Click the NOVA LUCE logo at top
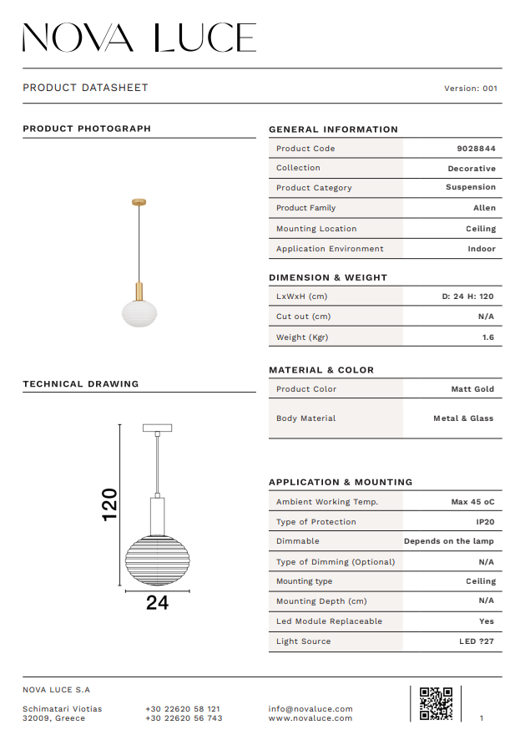point(139,38)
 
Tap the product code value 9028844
point(476,149)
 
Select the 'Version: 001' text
point(471,89)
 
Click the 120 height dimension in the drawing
point(109,504)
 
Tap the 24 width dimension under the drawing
point(157,603)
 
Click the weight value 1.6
point(487,337)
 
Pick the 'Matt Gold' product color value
point(472,389)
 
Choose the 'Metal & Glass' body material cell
point(463,418)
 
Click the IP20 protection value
point(485,522)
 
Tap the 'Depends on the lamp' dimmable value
point(449,541)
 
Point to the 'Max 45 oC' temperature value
point(472,502)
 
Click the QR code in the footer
point(436,703)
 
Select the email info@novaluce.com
point(310,709)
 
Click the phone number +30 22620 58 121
point(183,709)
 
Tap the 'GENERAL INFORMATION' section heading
point(333,129)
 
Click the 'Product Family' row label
point(305,208)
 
